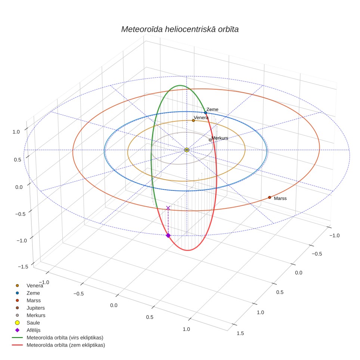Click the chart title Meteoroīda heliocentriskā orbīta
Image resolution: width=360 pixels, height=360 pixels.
click(x=180, y=30)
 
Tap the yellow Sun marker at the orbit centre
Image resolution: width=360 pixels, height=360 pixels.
click(x=187, y=150)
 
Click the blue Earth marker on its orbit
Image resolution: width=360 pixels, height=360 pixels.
click(x=205, y=113)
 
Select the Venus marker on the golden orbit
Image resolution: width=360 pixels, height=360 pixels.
click(x=193, y=121)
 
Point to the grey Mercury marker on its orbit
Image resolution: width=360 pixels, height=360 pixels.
click(x=210, y=140)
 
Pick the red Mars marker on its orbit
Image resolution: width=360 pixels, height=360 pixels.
click(x=270, y=198)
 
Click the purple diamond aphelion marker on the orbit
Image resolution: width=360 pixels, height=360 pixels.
click(x=168, y=236)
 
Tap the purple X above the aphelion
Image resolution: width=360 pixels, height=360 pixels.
click(x=168, y=208)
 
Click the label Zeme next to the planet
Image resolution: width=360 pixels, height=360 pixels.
click(x=212, y=109)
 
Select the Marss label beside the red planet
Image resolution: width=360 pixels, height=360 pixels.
click(x=280, y=198)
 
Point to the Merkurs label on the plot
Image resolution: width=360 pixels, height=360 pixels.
click(x=220, y=138)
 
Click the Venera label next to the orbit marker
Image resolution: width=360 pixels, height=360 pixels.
click(x=201, y=118)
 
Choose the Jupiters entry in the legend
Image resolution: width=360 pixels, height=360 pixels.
click(x=35, y=308)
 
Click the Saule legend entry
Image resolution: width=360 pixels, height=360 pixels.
click(x=33, y=323)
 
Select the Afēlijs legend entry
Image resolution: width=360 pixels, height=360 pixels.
click(x=34, y=330)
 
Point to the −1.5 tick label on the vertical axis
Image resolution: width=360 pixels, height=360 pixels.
click(x=23, y=267)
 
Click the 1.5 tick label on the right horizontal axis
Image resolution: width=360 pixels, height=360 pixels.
click(x=240, y=333)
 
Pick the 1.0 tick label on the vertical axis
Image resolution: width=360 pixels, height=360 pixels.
click(x=16, y=132)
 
